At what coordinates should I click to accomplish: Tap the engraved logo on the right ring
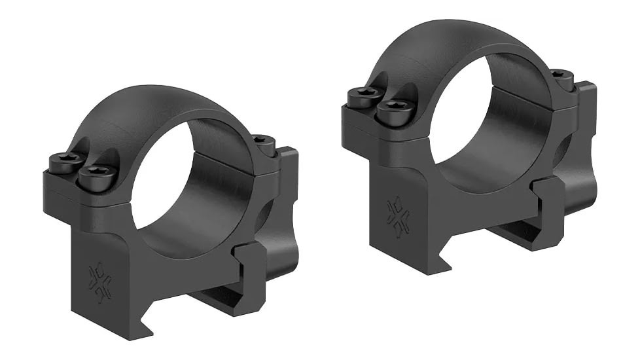pyautogui.click(x=399, y=216)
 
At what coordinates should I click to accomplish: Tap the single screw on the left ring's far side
pyautogui.click(x=263, y=142)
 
